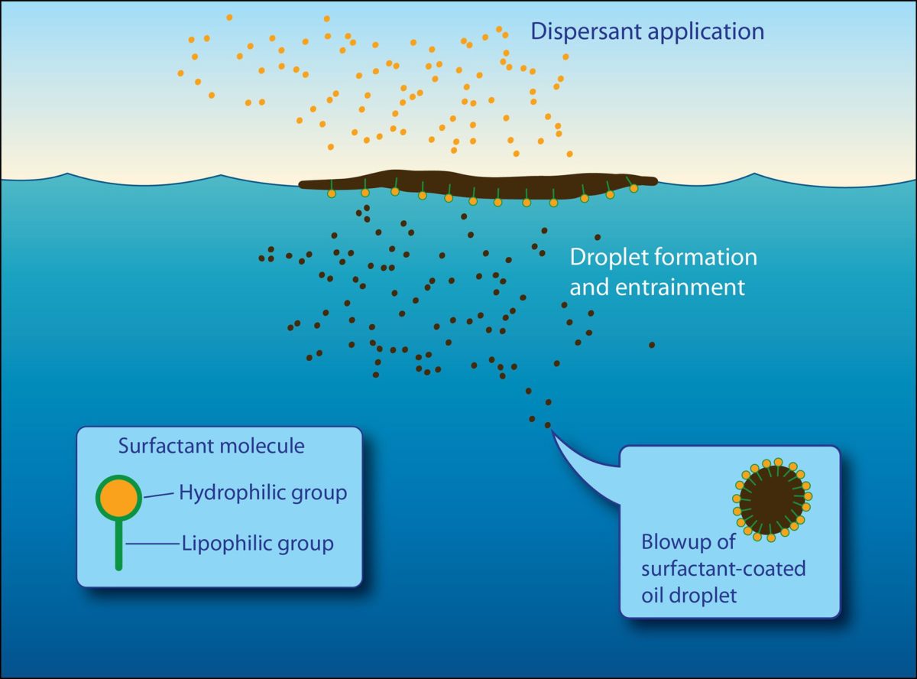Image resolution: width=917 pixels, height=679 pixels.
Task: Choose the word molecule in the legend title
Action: (x=262, y=446)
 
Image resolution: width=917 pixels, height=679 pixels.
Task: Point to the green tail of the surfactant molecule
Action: (x=118, y=544)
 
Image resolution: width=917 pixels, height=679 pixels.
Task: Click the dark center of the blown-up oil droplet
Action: (x=772, y=500)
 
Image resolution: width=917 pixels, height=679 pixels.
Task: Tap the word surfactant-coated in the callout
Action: (x=724, y=569)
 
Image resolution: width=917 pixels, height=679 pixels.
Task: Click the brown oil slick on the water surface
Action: (x=478, y=184)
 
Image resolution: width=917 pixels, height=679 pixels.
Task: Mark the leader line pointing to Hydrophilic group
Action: (x=159, y=495)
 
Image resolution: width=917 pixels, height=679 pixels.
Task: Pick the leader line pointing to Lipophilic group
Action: (x=152, y=544)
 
